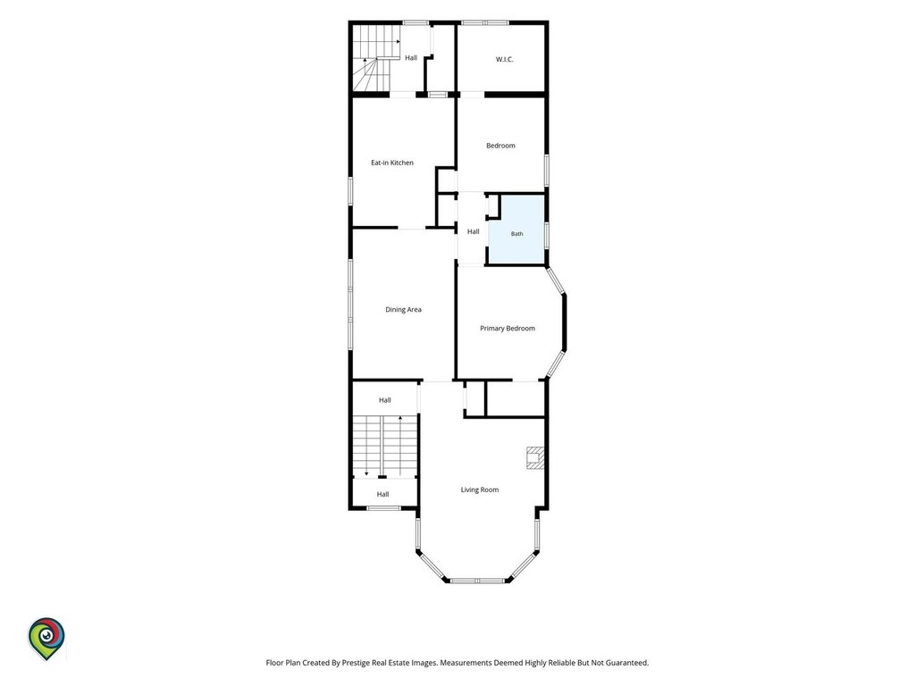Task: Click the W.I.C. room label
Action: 504,60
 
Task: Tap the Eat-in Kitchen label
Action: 392,163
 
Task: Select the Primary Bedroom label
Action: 508,329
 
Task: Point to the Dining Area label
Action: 403,310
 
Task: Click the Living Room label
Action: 480,490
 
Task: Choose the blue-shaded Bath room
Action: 516,230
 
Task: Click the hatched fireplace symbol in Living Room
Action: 535,458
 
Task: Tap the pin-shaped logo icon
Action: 46,639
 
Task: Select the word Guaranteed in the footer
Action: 625,663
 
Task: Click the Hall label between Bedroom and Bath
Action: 474,231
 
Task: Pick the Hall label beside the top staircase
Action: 411,58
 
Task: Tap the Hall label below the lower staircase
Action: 382,494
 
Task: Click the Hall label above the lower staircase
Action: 384,400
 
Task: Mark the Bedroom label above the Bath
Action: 500,146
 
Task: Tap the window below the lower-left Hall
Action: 383,508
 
